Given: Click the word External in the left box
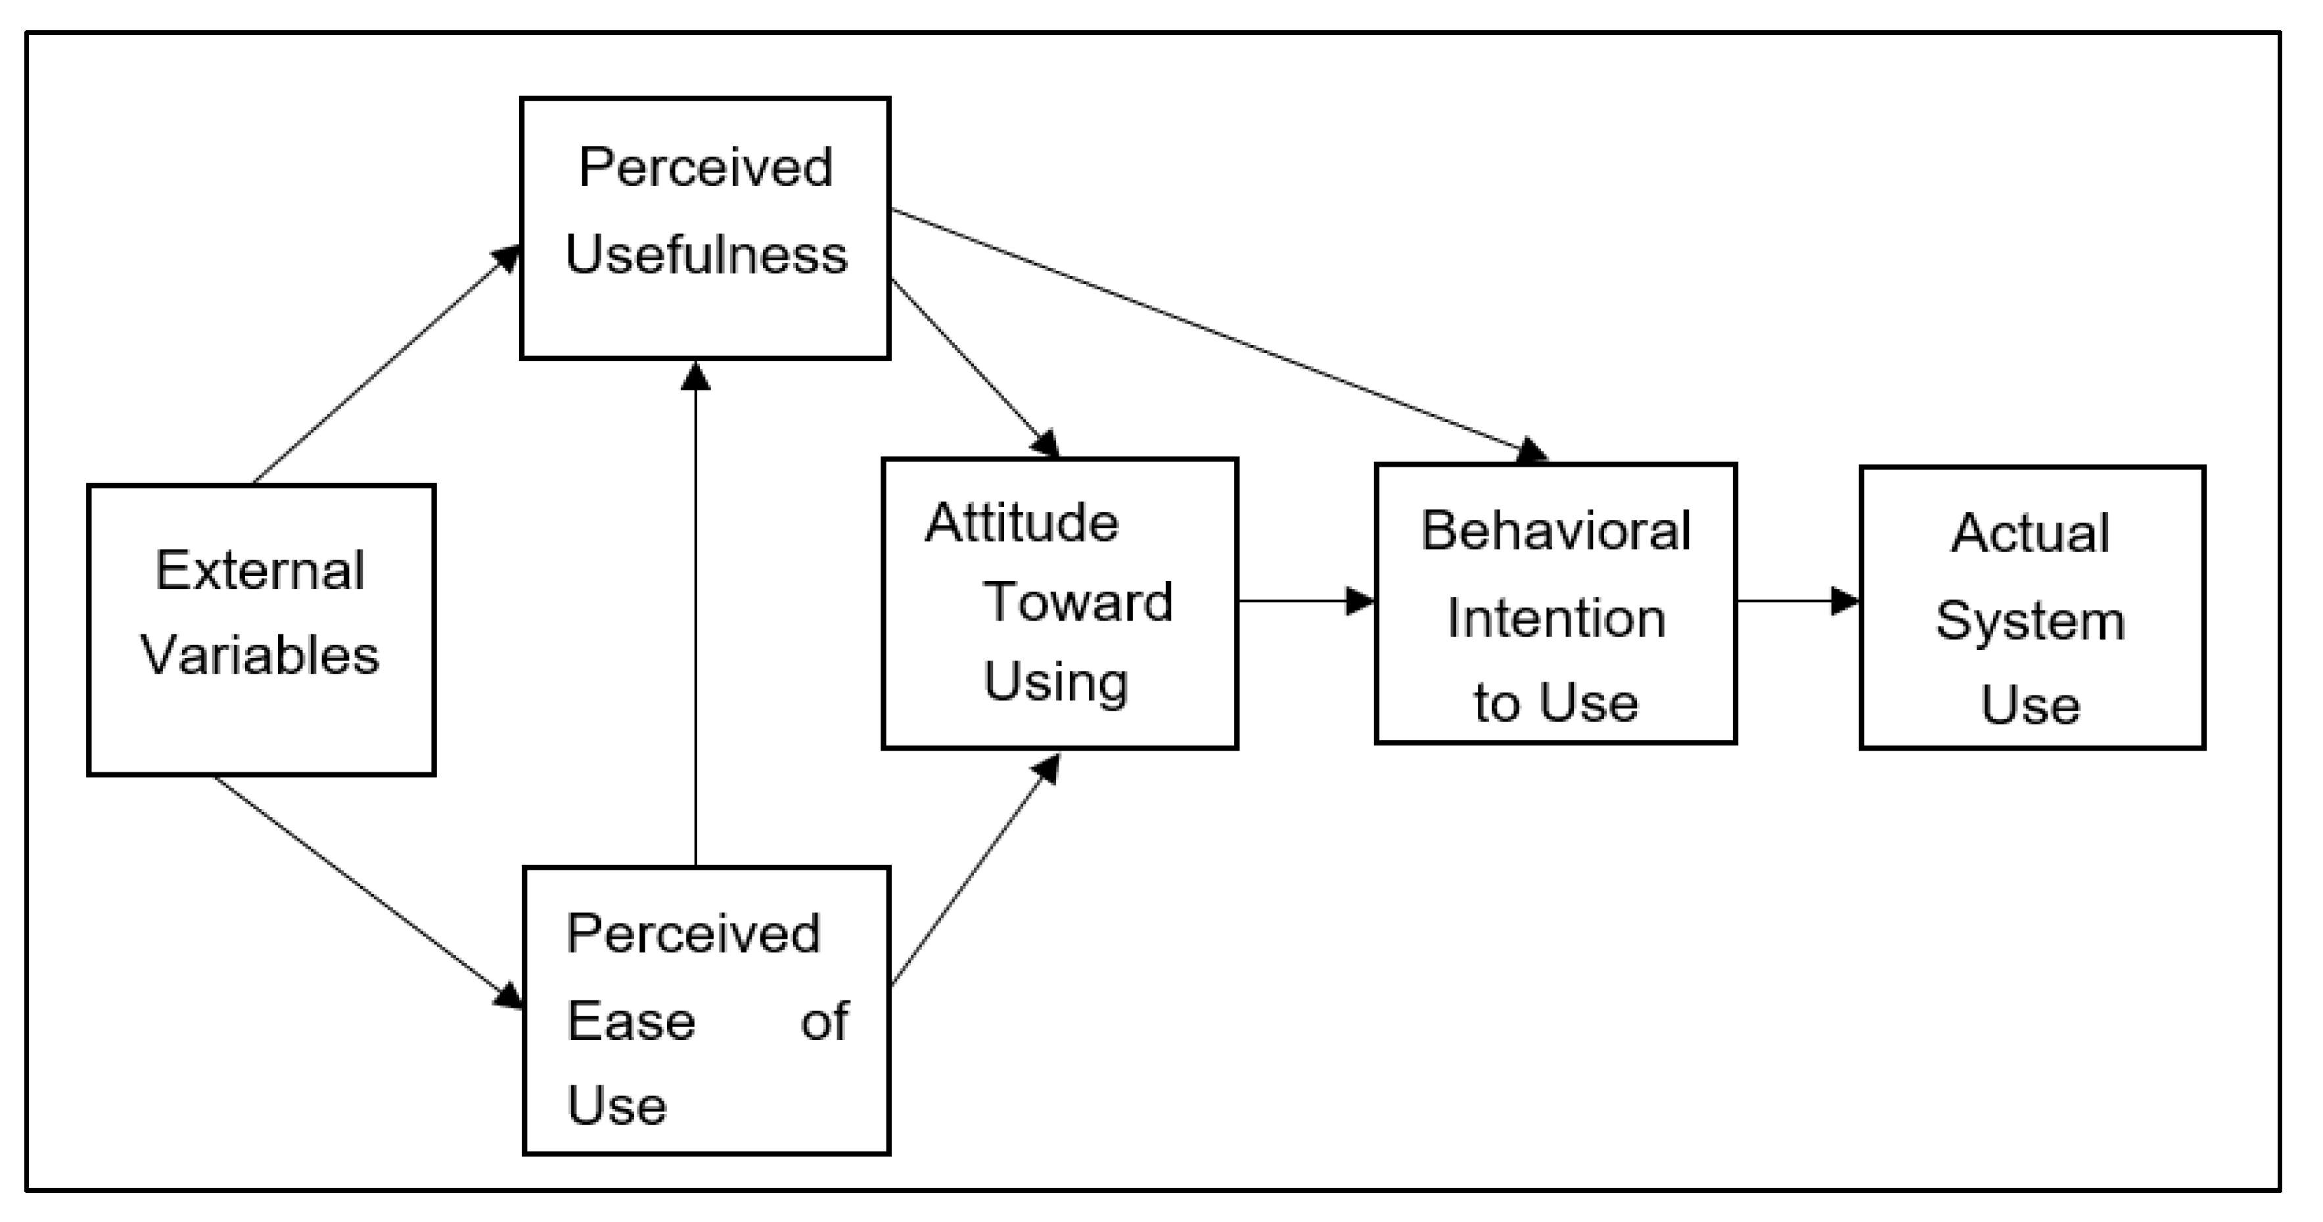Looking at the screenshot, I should click(260, 570).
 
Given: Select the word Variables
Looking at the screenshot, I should click(260, 655).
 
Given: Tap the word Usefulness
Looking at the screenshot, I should click(706, 254).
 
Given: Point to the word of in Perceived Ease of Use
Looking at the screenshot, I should click(824, 1021).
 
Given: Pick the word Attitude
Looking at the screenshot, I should click(1022, 523).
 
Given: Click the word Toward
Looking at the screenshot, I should click(1078, 601).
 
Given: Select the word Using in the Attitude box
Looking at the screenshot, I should click(1055, 682).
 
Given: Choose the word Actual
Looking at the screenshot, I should click(2030, 533).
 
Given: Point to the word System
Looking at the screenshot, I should click(2030, 621).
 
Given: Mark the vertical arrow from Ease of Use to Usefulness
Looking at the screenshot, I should click(695, 613).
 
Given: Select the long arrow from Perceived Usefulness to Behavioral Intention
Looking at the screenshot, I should click(1218, 334).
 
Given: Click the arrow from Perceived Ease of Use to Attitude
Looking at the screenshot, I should click(974, 870).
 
